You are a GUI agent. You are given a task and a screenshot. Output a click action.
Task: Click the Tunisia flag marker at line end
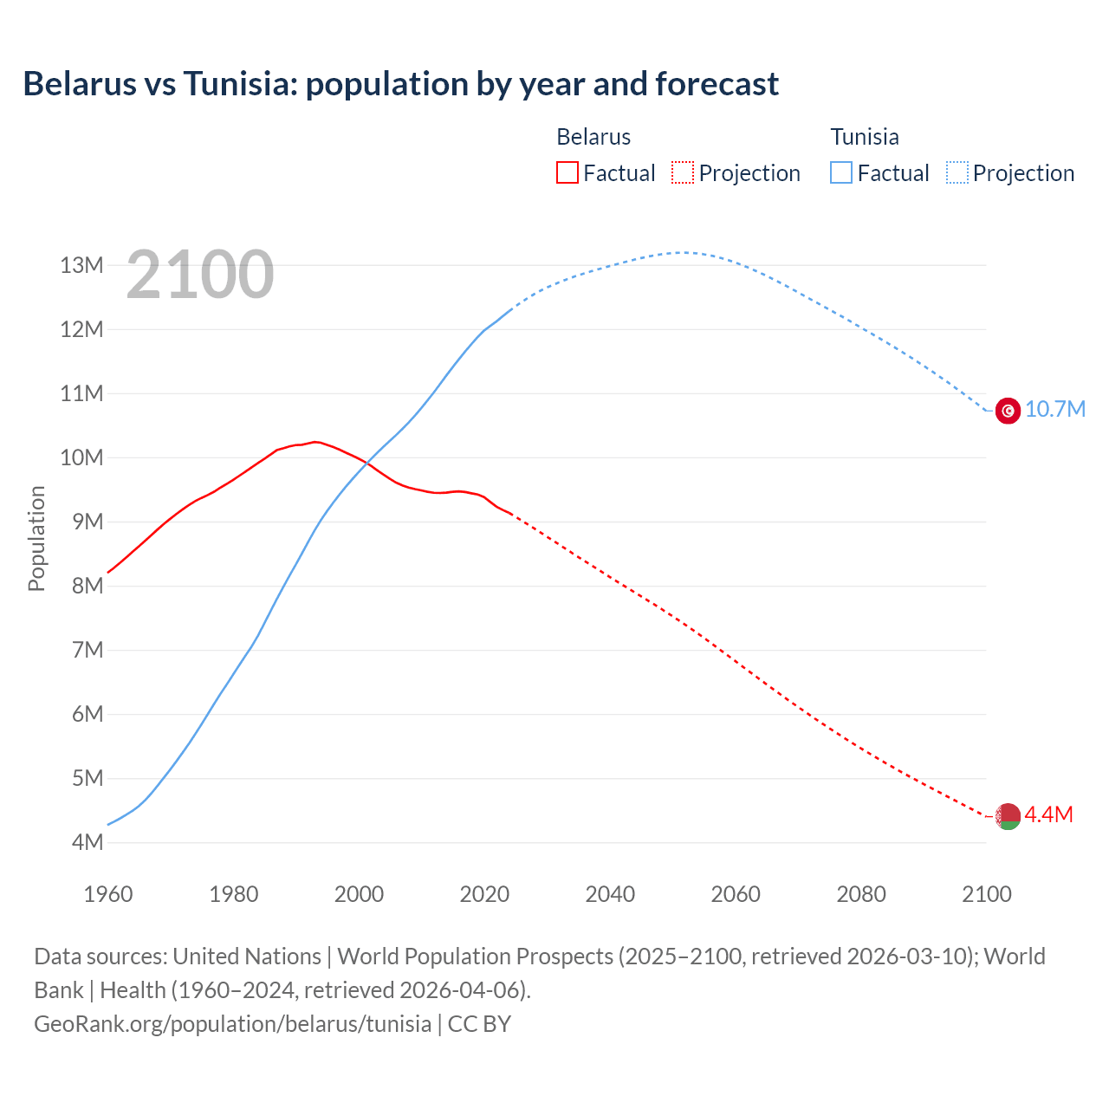[1008, 410]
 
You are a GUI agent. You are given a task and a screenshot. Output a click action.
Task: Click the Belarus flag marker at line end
[1008, 815]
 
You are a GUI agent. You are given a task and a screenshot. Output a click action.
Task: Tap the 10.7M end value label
[1055, 410]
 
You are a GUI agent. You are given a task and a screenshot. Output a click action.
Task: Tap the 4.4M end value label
[1048, 815]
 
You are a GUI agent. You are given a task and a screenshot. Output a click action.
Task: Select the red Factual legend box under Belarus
[567, 172]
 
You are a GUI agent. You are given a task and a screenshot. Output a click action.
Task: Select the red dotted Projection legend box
[683, 172]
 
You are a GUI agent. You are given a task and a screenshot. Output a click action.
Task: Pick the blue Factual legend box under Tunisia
[841, 172]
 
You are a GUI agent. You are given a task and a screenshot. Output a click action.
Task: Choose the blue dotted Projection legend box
[957, 172]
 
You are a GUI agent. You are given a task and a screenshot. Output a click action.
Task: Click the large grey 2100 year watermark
[200, 276]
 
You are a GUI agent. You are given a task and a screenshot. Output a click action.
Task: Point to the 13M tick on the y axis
[81, 265]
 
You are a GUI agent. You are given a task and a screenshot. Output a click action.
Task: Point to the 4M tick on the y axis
[87, 842]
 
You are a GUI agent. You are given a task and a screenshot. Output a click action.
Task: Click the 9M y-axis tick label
[87, 522]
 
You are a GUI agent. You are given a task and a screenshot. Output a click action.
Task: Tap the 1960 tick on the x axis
[108, 894]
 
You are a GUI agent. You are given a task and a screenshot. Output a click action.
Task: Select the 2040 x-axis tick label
[610, 894]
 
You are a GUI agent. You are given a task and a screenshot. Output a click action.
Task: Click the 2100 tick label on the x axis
[987, 894]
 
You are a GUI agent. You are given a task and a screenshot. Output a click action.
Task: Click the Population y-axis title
[36, 538]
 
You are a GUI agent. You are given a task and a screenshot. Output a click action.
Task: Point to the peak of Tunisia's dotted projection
[684, 252]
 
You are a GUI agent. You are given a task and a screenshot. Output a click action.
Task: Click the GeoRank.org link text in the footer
[232, 1024]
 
